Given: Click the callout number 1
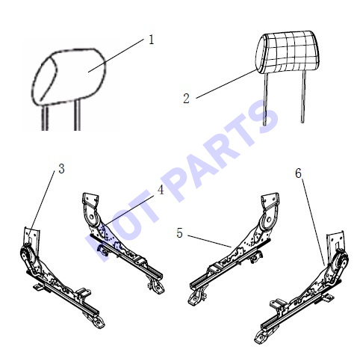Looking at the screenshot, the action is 152,40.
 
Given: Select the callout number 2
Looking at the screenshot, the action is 186,99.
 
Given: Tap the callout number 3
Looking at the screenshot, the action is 61,169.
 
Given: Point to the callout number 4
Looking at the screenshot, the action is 161,190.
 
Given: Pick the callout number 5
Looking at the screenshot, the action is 179,233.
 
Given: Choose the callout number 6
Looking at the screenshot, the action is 298,173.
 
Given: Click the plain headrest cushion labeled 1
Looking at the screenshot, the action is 69,76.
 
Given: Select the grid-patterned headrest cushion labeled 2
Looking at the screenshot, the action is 288,52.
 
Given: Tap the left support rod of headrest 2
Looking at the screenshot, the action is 265,99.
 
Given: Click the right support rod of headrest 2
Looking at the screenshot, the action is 303,96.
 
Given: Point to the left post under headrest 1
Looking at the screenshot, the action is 45,117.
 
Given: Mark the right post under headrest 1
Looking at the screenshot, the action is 78,115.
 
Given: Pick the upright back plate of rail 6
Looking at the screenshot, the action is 335,241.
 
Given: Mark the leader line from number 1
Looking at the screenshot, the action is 116,55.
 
